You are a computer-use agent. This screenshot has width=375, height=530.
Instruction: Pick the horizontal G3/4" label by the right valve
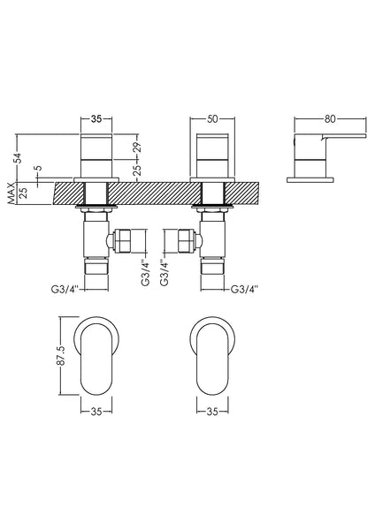246,289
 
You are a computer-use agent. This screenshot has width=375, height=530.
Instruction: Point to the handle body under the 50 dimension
213,157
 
